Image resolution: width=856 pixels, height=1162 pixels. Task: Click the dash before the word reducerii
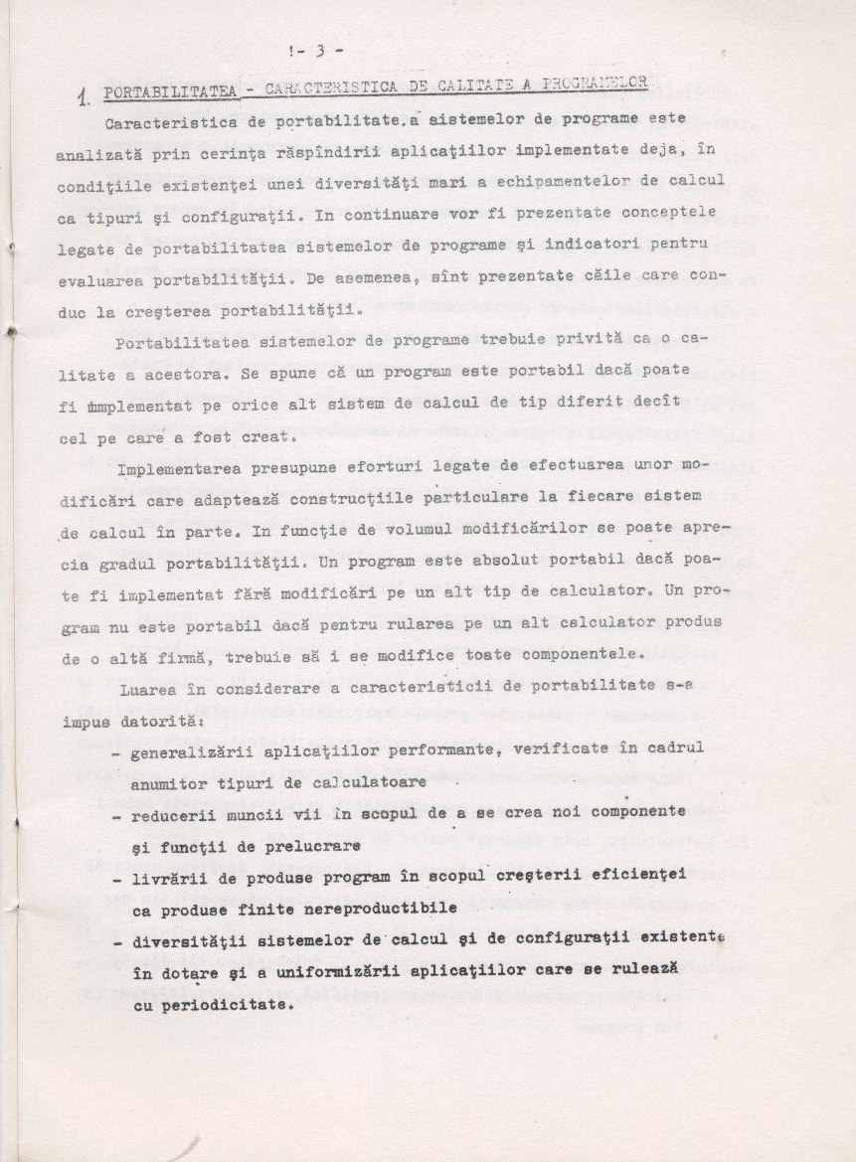point(117,815)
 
